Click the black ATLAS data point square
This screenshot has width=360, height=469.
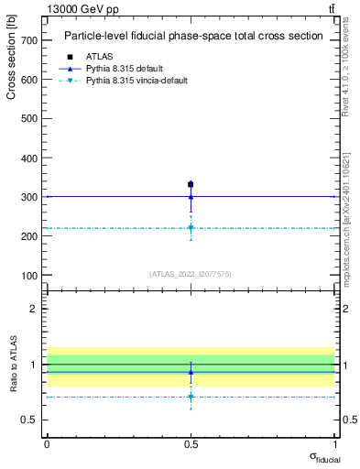[x=191, y=184]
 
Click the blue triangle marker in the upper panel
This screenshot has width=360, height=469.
[x=191, y=196]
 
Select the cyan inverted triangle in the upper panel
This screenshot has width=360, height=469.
[x=191, y=227]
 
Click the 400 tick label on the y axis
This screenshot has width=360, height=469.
[x=27, y=158]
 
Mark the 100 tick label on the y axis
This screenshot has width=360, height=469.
[x=27, y=276]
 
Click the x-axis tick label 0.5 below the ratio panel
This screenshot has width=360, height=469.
[x=191, y=442]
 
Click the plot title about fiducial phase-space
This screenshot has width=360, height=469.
[x=192, y=37]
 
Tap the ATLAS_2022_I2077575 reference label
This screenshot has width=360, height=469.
[x=190, y=273]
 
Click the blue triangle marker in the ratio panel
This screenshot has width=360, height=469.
[x=191, y=372]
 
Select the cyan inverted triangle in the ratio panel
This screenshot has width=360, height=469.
[x=191, y=397]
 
